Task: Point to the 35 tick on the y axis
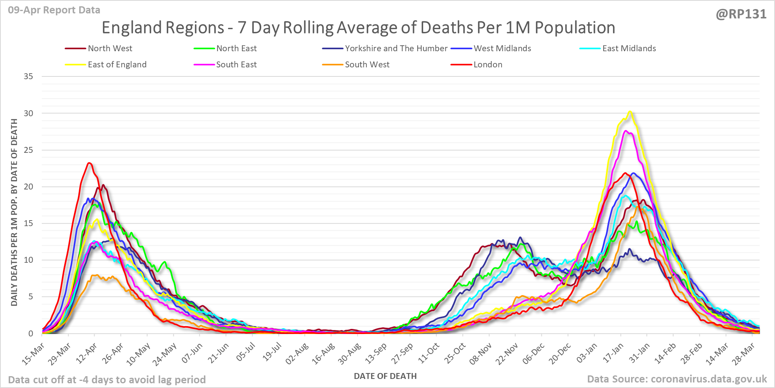point(28,76)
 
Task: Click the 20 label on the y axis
point(28,187)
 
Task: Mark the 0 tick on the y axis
point(31,334)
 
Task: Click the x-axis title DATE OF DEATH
point(385,376)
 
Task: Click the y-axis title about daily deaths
point(14,212)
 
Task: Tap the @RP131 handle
point(741,14)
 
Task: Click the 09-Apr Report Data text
point(54,10)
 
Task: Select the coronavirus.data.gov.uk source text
point(676,379)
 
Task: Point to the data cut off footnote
point(107,380)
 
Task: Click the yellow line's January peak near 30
point(630,111)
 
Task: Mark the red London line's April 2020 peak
point(89,163)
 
